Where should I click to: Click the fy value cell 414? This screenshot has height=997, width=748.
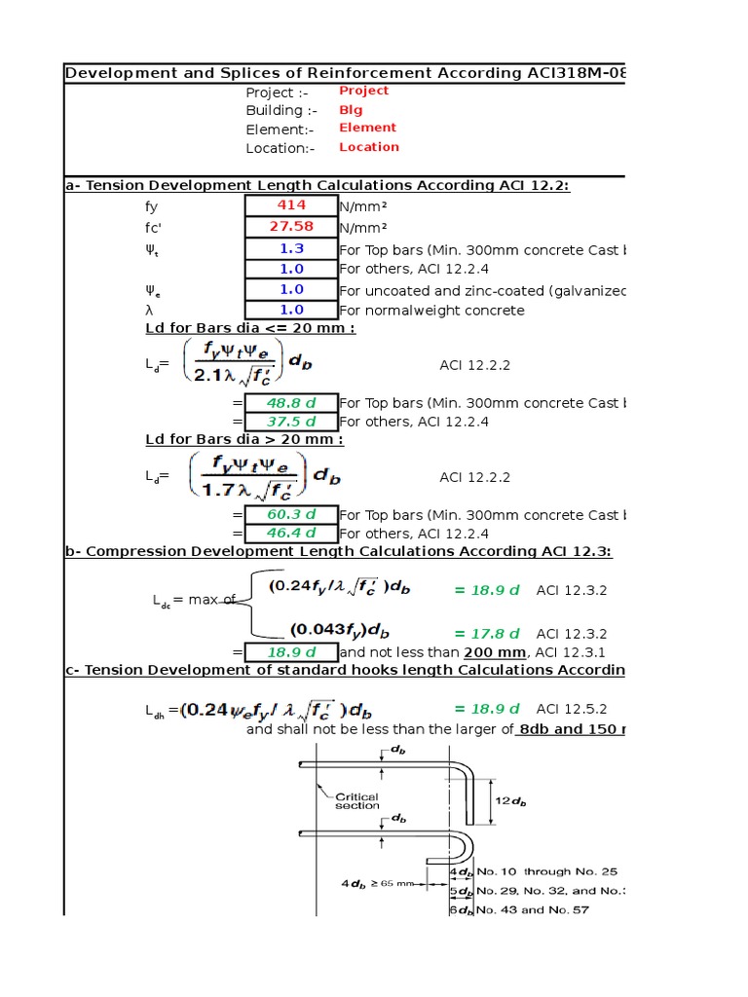pyautogui.click(x=291, y=205)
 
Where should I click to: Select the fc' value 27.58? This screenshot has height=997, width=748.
pyautogui.click(x=291, y=227)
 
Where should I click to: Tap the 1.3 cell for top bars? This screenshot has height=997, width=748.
pyautogui.click(x=291, y=249)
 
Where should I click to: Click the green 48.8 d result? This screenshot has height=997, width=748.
pyautogui.click(x=291, y=403)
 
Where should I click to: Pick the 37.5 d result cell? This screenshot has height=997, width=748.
pyautogui.click(x=291, y=422)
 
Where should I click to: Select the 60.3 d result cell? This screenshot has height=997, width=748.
pyautogui.click(x=291, y=514)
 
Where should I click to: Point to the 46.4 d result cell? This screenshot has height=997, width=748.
pyautogui.click(x=291, y=534)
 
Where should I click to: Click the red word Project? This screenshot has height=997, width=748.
pyautogui.click(x=363, y=91)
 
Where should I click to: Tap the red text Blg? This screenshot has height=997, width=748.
pyautogui.click(x=350, y=110)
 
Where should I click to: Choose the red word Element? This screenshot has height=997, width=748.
pyautogui.click(x=367, y=128)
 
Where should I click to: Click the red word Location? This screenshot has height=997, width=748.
pyautogui.click(x=369, y=147)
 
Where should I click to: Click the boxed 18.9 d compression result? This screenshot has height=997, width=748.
pyautogui.click(x=291, y=652)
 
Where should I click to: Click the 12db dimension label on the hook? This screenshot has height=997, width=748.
pyautogui.click(x=510, y=801)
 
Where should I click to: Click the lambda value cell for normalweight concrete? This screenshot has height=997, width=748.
pyautogui.click(x=291, y=311)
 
